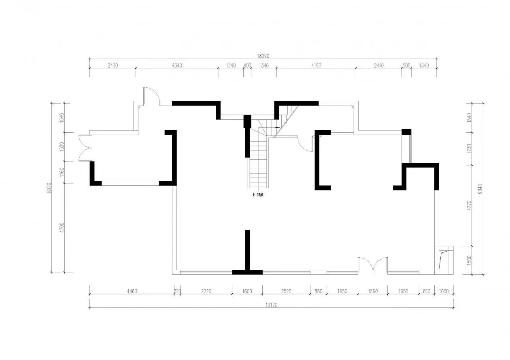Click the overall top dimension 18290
click(263, 56)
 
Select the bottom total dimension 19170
click(271, 305)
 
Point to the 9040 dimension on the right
click(480, 188)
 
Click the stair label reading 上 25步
click(257, 195)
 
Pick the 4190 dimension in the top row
click(316, 66)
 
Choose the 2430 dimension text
click(113, 66)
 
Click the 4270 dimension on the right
click(469, 205)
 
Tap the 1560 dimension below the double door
click(373, 291)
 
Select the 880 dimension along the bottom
click(319, 291)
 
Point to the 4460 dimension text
click(132, 291)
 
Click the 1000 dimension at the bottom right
click(444, 291)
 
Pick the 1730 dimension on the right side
click(469, 149)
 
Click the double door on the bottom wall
click(373, 265)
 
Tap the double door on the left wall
click(85, 148)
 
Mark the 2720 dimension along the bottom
click(206, 291)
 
